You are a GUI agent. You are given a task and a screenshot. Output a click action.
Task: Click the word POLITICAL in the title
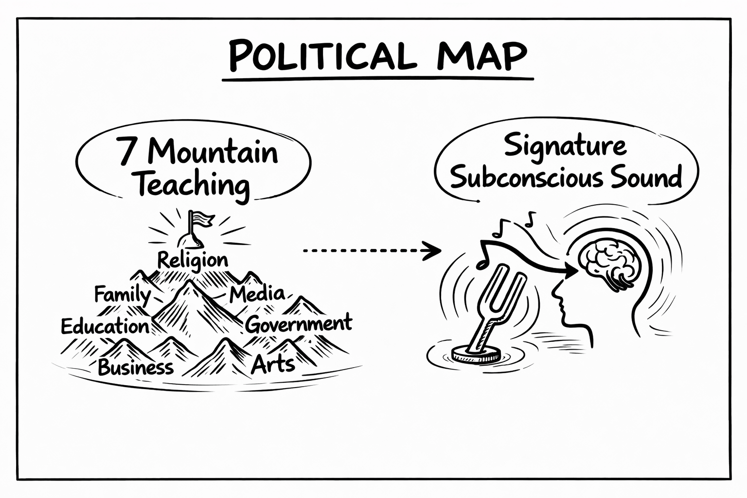pyautogui.click(x=323, y=55)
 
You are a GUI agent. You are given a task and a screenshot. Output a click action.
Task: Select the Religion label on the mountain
pyautogui.click(x=193, y=261)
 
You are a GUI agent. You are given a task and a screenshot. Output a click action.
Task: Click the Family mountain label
pyautogui.click(x=123, y=295)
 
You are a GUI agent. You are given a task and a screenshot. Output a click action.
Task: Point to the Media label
pyautogui.click(x=257, y=294)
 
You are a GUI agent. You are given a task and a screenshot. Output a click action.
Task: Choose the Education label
pyautogui.click(x=105, y=326)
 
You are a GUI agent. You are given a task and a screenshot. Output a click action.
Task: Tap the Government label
pyautogui.click(x=299, y=324)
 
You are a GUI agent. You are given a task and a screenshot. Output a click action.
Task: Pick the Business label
pyautogui.click(x=136, y=367)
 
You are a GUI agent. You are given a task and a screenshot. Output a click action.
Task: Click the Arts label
pyautogui.click(x=273, y=365)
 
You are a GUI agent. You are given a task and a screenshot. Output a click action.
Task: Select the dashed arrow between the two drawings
pyautogui.click(x=372, y=250)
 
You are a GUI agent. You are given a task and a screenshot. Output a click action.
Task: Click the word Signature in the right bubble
pyautogui.click(x=565, y=147)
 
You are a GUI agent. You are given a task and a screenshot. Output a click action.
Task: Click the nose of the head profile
pyautogui.click(x=555, y=291)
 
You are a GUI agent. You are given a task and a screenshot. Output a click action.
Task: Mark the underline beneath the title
pyautogui.click(x=378, y=79)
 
